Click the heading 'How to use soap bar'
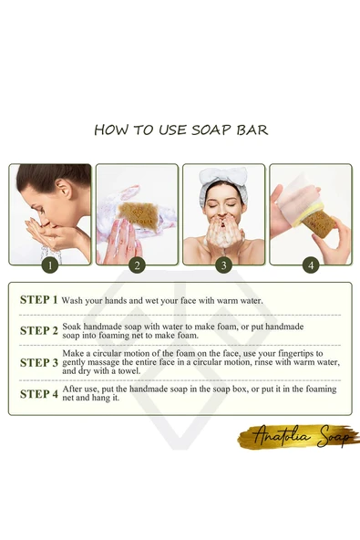click(x=181, y=130)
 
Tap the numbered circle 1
click(x=50, y=265)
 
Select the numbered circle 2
click(x=137, y=265)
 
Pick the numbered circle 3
click(x=223, y=265)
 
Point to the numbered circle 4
click(x=311, y=265)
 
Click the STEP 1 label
click(x=38, y=299)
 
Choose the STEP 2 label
click(x=38, y=330)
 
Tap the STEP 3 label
click(x=38, y=362)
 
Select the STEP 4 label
click(x=38, y=394)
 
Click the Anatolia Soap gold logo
click(x=298, y=437)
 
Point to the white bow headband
click(x=222, y=182)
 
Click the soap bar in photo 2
click(x=138, y=213)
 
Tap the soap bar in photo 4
click(x=319, y=223)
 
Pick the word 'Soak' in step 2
click(x=72, y=327)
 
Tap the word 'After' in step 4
click(x=73, y=389)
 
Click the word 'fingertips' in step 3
click(x=296, y=354)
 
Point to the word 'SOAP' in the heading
click(x=211, y=130)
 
